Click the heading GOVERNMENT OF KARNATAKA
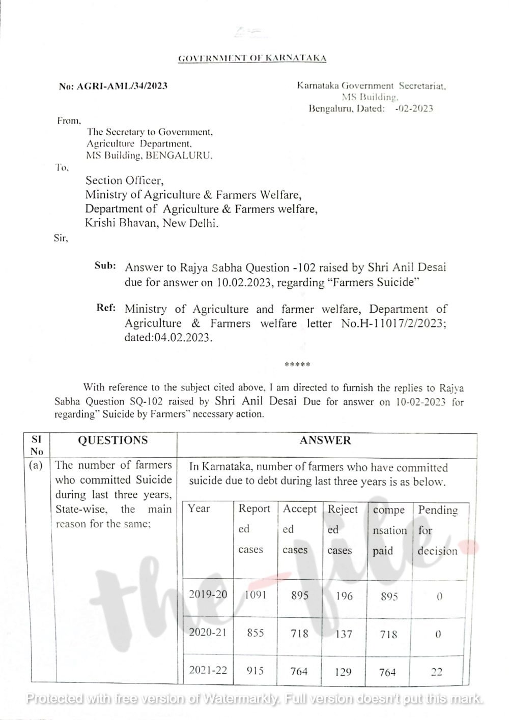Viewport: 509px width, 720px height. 252,58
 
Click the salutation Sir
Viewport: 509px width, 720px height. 61,237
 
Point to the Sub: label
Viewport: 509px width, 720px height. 106,265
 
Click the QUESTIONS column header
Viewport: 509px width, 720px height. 112,440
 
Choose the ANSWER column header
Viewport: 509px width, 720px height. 326,440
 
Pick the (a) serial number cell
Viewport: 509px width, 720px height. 36,465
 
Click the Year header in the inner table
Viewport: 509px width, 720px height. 199,508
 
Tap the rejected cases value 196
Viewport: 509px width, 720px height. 344,595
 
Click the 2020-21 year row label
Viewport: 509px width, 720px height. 208,633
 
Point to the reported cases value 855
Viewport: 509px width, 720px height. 255,633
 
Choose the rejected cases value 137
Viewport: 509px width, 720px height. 343,634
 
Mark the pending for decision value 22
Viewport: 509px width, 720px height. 436,672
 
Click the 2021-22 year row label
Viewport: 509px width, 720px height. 208,670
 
